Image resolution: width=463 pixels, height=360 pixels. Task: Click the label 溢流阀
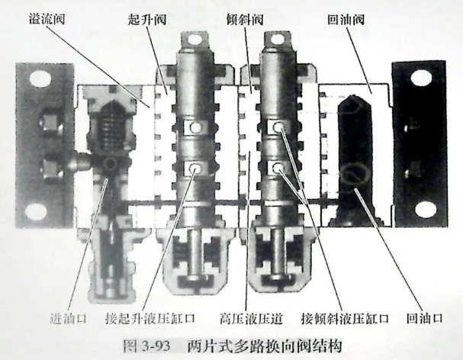point(47,20)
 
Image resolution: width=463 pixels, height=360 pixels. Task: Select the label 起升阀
point(147,20)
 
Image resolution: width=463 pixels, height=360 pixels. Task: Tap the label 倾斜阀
point(245,20)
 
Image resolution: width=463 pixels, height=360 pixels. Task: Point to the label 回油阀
point(346,20)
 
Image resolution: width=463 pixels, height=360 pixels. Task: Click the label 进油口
point(69,319)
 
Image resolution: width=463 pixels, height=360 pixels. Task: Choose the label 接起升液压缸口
point(150,319)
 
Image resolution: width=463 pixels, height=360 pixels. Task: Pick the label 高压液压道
point(251,319)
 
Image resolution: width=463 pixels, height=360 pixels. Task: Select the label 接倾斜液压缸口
point(345,319)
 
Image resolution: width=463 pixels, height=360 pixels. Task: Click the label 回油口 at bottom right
point(425,319)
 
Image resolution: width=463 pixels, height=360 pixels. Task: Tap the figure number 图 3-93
point(146,346)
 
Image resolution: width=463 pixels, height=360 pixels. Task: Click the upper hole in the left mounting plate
point(40,79)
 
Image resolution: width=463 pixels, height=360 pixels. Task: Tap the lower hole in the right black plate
point(426,209)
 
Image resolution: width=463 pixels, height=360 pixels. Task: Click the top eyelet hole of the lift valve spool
point(194,39)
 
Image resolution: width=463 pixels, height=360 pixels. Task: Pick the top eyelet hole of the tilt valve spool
point(278,38)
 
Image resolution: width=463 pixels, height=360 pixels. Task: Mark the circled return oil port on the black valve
point(354,176)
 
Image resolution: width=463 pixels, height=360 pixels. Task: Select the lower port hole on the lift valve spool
point(195,169)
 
